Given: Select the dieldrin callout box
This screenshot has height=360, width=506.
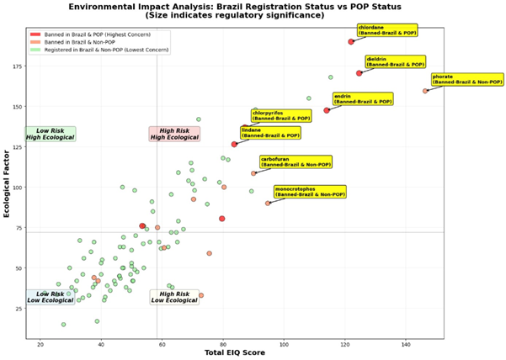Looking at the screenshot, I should click(x=395, y=61).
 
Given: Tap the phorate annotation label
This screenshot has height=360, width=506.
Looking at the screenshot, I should click(x=459, y=79).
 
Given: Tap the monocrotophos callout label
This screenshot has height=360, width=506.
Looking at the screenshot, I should click(x=310, y=191).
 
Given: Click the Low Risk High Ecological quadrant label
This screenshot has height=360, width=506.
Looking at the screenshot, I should click(x=51, y=134).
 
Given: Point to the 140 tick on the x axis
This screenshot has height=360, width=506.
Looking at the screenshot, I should click(x=407, y=345).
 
